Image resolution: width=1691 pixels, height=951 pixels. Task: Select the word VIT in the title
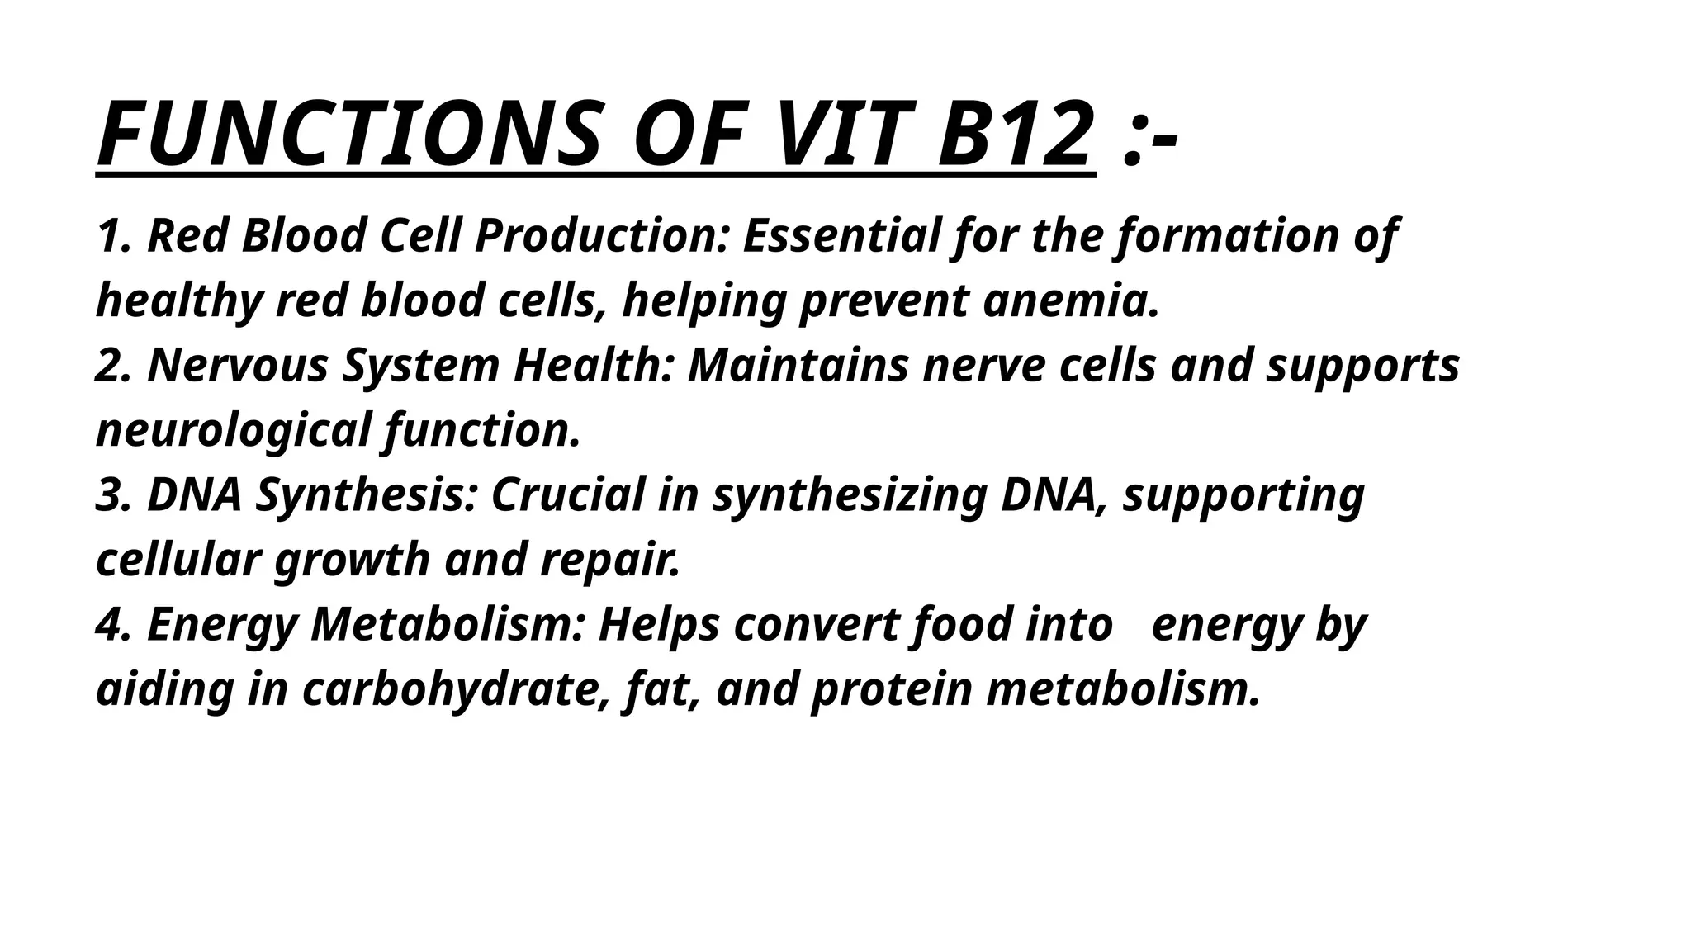pyautogui.click(x=837, y=135)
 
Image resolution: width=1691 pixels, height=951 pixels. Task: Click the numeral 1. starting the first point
pyautogui.click(x=114, y=236)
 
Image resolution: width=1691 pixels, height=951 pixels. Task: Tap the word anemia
pyautogui.click(x=1072, y=300)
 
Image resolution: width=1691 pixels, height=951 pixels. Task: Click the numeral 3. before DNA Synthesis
pyautogui.click(x=114, y=495)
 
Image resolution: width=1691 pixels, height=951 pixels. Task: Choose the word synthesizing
pyautogui.click(x=850, y=495)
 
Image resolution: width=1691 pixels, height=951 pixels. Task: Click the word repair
pyautogui.click(x=610, y=560)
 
